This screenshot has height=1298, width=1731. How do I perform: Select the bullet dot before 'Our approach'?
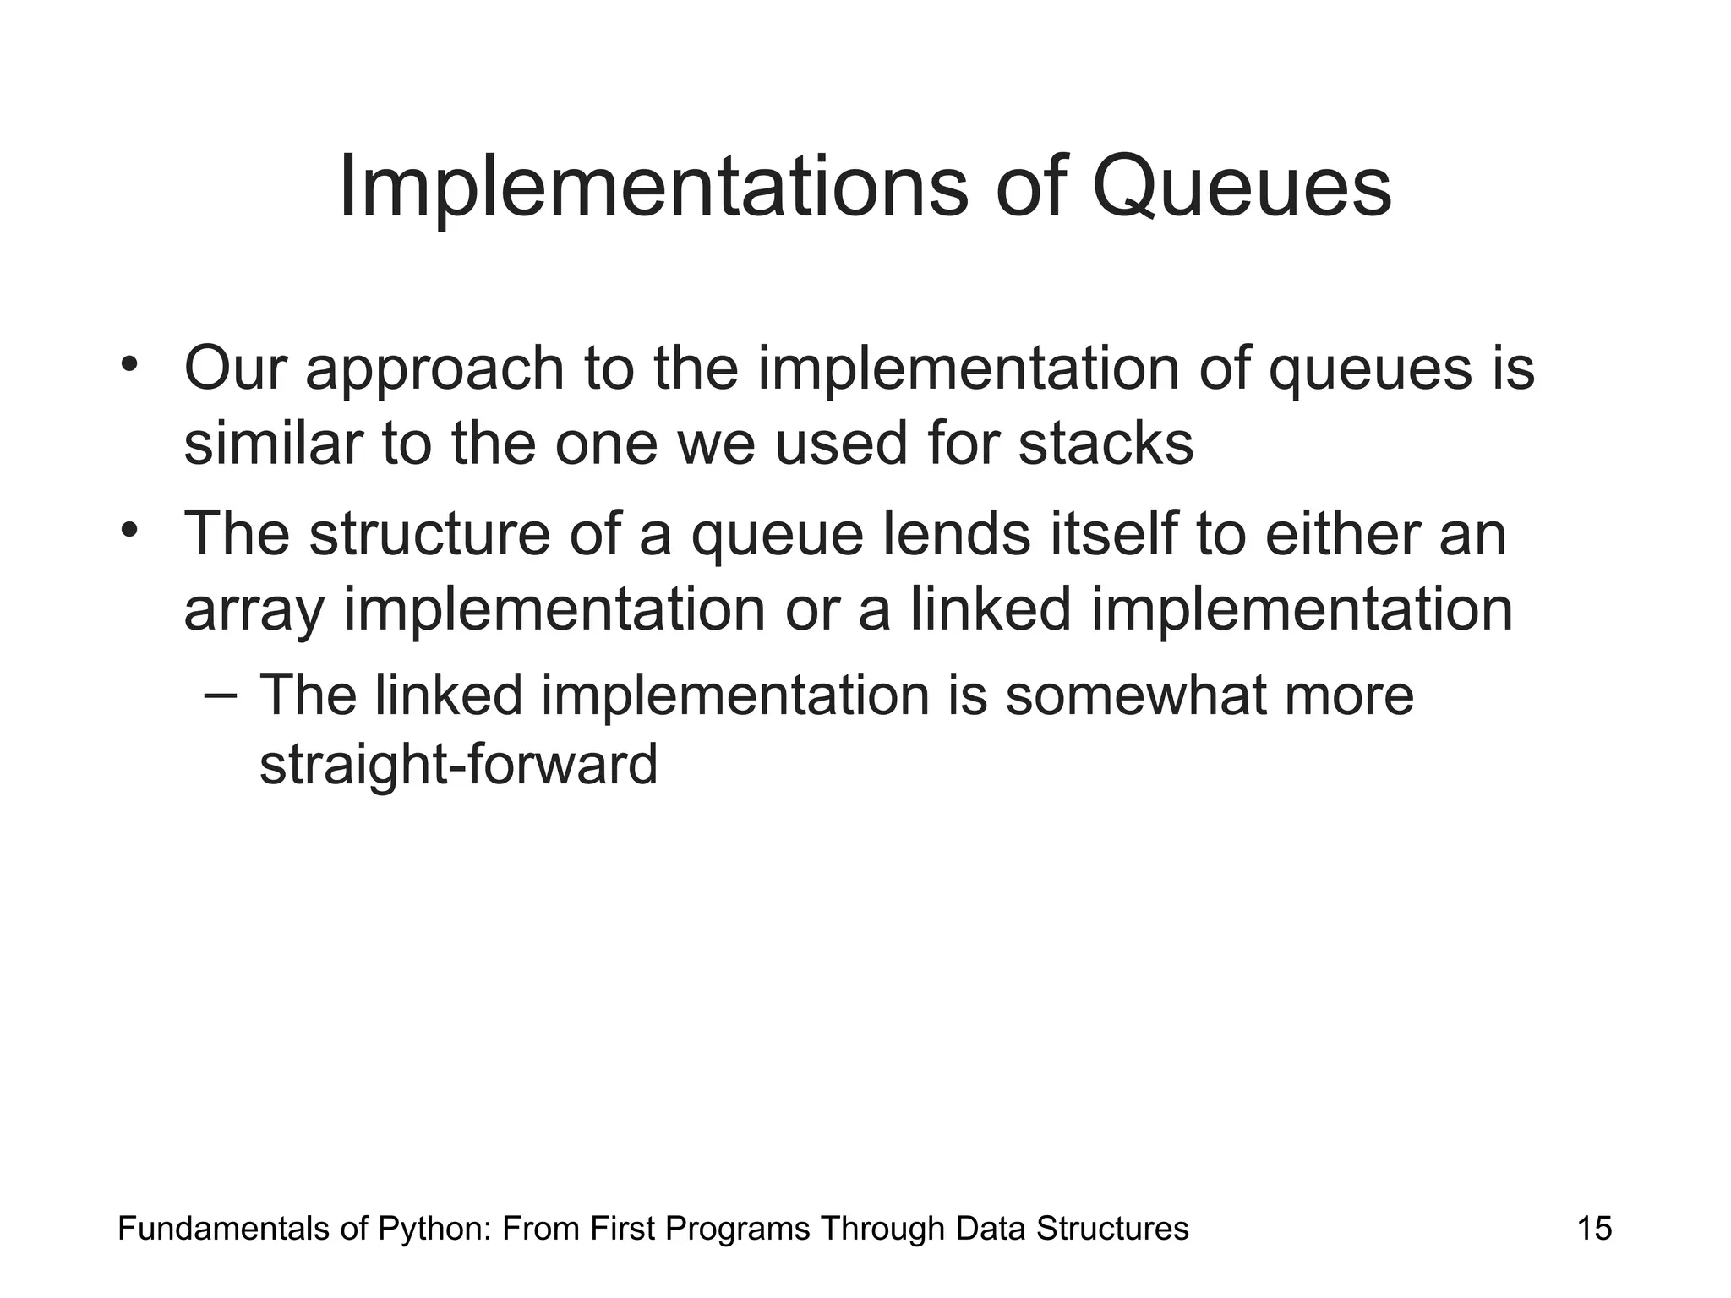click(x=128, y=366)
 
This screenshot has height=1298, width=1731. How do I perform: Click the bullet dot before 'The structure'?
click(x=128, y=531)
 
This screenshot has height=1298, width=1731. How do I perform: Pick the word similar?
click(x=273, y=444)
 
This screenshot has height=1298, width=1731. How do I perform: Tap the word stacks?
click(x=1106, y=444)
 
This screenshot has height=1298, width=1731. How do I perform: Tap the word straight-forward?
click(x=458, y=765)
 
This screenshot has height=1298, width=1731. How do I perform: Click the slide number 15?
click(x=1594, y=1229)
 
